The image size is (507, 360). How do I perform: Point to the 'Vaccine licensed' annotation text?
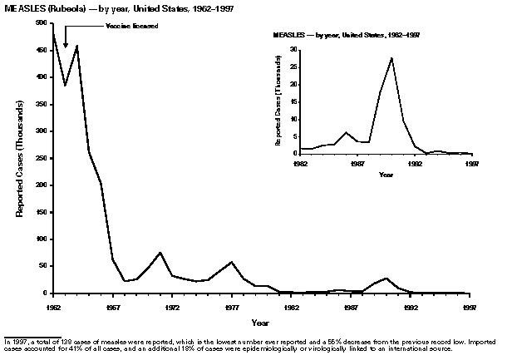[x=131, y=27]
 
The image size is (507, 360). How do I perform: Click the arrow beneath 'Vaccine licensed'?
[x=66, y=38]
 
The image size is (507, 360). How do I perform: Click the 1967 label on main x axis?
[x=114, y=306]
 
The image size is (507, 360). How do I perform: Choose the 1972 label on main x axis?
[x=173, y=306]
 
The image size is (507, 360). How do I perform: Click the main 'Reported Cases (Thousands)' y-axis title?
[x=19, y=158]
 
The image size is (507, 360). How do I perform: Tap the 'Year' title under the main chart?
[x=261, y=322]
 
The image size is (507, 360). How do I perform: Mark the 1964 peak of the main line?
[x=76, y=46]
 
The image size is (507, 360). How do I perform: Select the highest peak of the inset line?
[x=391, y=58]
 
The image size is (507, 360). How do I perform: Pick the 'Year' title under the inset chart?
[x=386, y=175]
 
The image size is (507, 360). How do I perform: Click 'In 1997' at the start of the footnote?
[x=15, y=343]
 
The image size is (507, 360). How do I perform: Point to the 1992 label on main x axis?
[x=410, y=306]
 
